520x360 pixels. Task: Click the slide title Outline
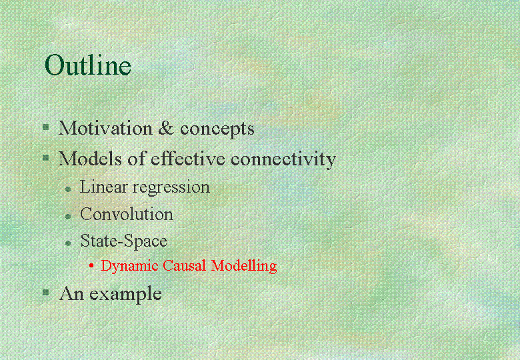(88, 65)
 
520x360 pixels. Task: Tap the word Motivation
(105, 128)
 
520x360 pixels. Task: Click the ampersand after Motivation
(166, 128)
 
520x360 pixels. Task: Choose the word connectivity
(283, 160)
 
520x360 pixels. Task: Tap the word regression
(171, 188)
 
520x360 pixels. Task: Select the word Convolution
(127, 214)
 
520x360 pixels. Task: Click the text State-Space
(124, 241)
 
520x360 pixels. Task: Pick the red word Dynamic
(129, 266)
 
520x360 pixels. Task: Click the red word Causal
(185, 265)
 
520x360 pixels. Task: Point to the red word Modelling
(244, 266)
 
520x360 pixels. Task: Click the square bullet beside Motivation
(46, 127)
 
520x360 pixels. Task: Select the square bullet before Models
(46, 157)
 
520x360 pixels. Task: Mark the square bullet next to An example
(46, 293)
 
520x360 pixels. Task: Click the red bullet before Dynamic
(91, 265)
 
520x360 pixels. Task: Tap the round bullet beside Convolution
(68, 217)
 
